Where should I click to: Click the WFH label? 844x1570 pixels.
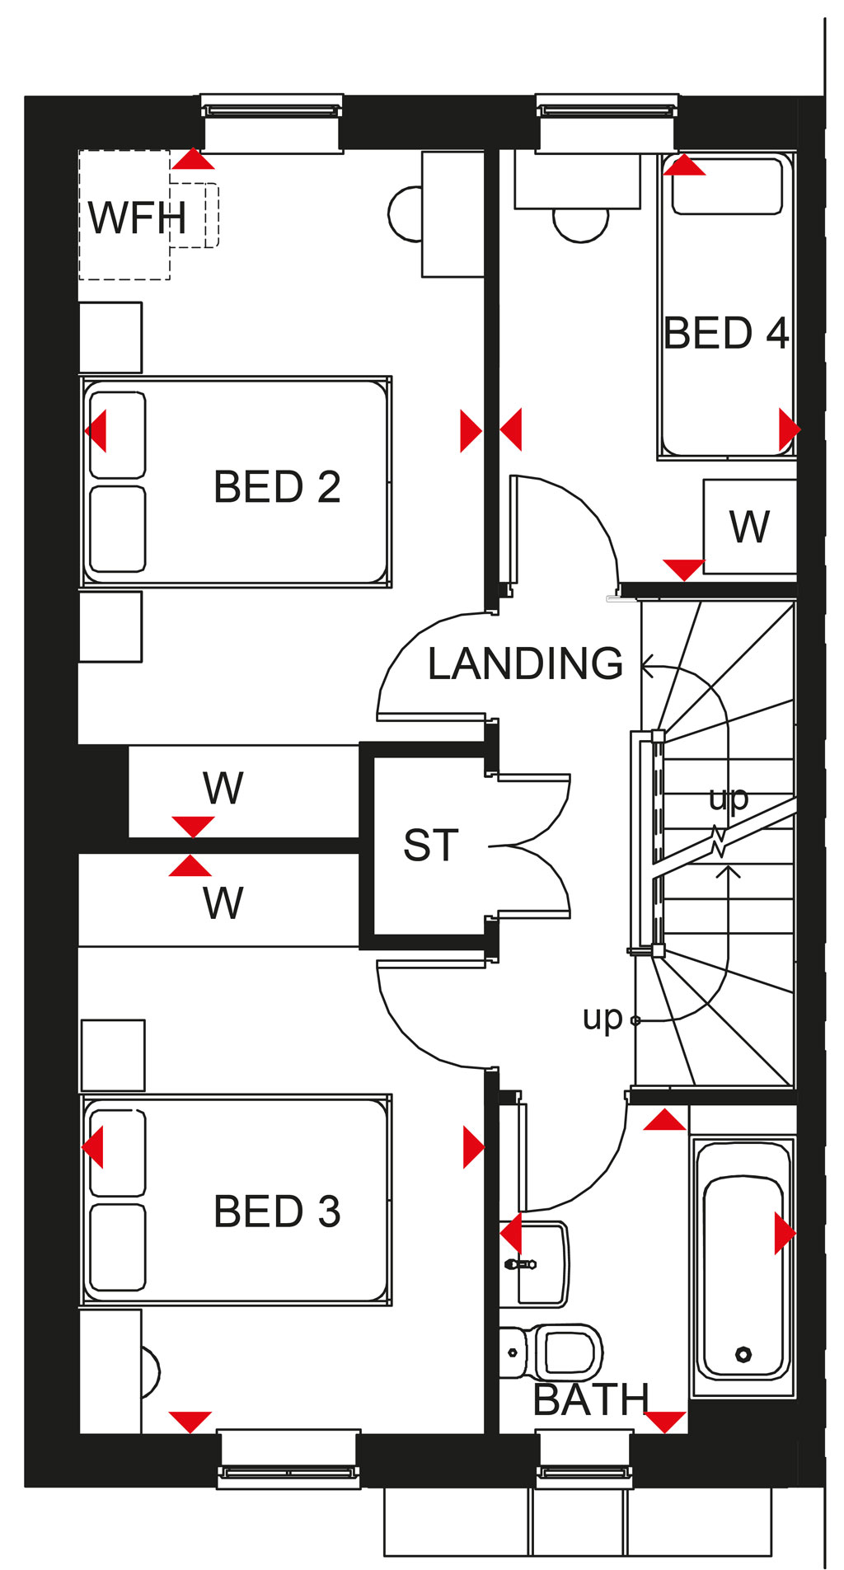coord(138,218)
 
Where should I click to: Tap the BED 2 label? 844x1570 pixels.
coord(277,486)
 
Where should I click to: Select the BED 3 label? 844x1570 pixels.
coord(277,1211)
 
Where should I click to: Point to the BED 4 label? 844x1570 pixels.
coord(726,333)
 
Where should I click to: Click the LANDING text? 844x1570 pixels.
coord(526,663)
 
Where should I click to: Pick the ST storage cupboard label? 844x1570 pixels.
coord(430,846)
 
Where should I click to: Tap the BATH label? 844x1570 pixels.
coord(592,1399)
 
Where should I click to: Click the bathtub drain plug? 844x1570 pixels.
coord(743,1353)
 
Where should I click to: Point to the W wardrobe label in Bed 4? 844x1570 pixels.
coord(749,527)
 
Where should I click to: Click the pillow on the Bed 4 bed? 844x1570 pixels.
coord(726,185)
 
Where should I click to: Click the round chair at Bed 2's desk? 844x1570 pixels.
coord(406,213)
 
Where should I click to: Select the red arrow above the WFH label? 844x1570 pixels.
coord(193,159)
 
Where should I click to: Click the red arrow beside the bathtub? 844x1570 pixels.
coord(785,1233)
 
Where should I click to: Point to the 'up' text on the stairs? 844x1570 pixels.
coord(728,798)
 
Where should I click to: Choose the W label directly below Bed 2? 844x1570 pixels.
coord(223,788)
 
